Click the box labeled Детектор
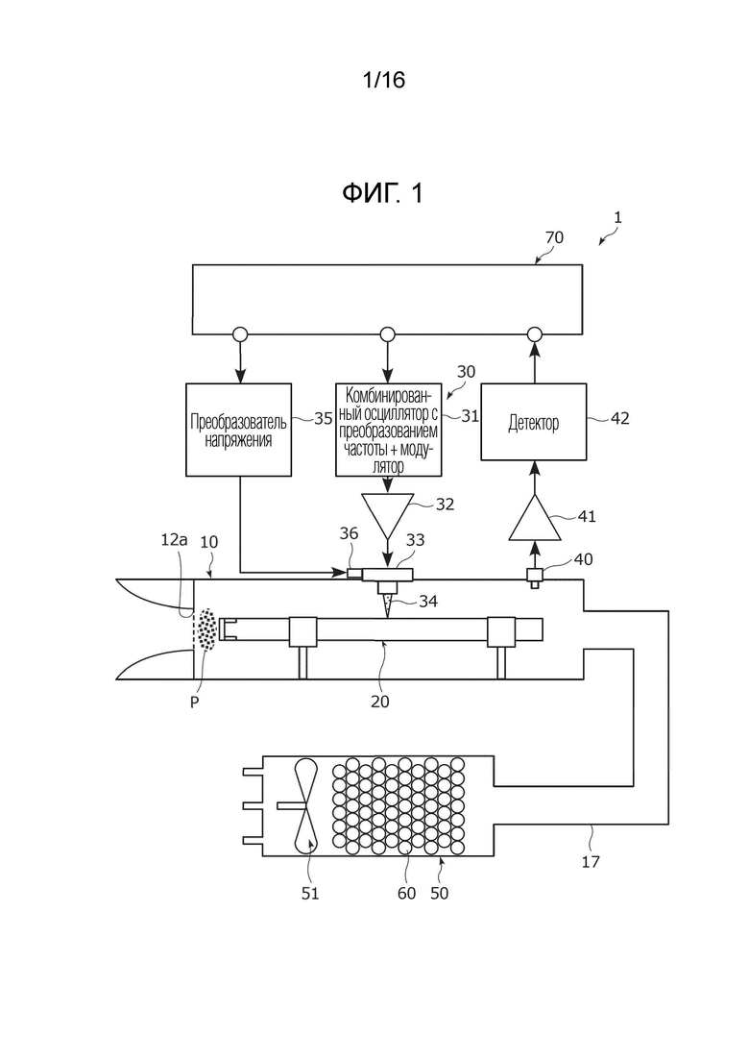pyautogui.click(x=534, y=422)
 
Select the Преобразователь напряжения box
pyautogui.click(x=238, y=430)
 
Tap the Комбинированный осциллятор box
pyautogui.click(x=388, y=430)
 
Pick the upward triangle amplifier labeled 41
pyautogui.click(x=534, y=518)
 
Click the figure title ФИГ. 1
pyautogui.click(x=383, y=193)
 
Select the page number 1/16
pyautogui.click(x=383, y=80)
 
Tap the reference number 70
pyautogui.click(x=554, y=237)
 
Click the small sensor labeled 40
pyautogui.click(x=534, y=577)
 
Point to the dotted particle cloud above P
pyautogui.click(x=205, y=629)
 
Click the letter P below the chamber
pyautogui.click(x=195, y=703)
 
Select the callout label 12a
pyautogui.click(x=174, y=539)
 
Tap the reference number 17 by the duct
pyautogui.click(x=591, y=862)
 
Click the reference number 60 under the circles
pyautogui.click(x=406, y=893)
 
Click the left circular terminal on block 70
pyautogui.click(x=240, y=334)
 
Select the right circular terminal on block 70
pyautogui.click(x=534, y=334)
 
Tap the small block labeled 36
pyautogui.click(x=354, y=574)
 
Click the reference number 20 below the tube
pyautogui.click(x=380, y=702)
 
